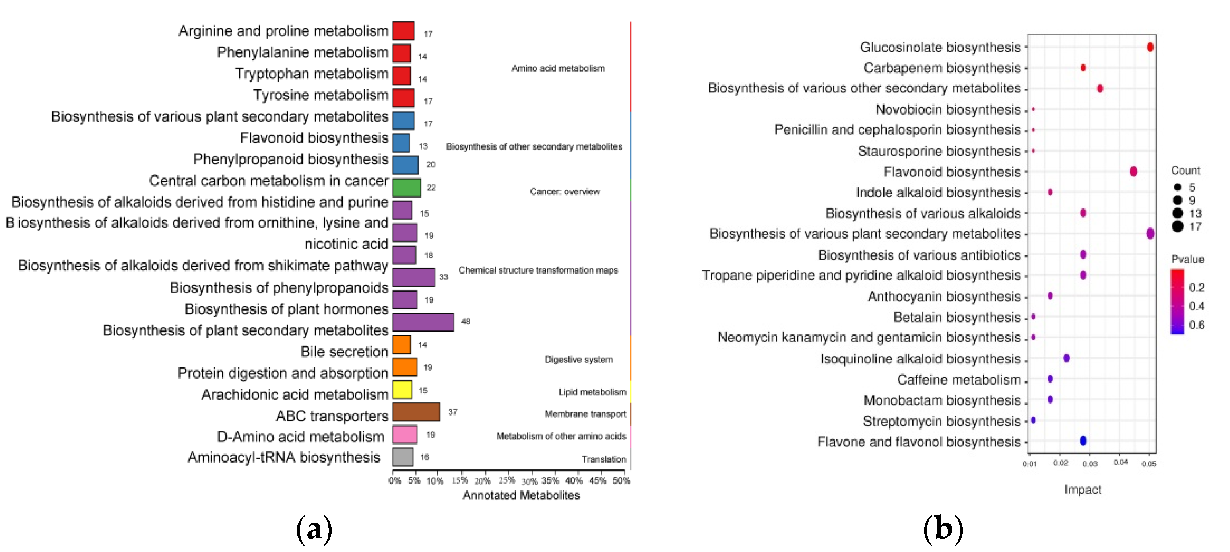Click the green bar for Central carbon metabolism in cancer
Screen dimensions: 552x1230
tap(406, 188)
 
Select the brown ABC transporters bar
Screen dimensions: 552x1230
tap(416, 412)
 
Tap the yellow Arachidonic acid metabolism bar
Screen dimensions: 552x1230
tap(402, 390)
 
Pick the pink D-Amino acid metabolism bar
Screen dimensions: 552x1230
tap(404, 435)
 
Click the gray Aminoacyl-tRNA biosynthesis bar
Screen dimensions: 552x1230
tap(403, 457)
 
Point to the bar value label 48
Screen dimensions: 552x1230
tap(466, 321)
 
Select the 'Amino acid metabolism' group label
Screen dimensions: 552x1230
tap(558, 68)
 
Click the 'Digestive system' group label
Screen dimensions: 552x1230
tap(578, 359)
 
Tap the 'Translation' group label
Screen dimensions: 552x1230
tap(603, 459)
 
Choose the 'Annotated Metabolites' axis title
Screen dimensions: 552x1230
tap(521, 495)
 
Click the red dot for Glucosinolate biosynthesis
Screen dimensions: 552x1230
tap(1150, 47)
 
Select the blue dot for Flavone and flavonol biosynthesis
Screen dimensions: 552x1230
tap(1083, 441)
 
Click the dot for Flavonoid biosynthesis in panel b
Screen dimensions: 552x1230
tap(1133, 171)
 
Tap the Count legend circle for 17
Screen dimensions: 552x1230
tap(1177, 226)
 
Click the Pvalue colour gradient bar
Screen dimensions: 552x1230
tap(1177, 302)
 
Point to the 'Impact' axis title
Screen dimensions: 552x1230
tap(1083, 490)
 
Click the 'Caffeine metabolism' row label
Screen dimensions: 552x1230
tap(958, 380)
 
